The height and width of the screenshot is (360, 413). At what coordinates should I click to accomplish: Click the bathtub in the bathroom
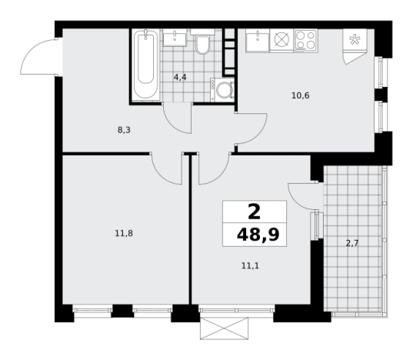(x=145, y=65)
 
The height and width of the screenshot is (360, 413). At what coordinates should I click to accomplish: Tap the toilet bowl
(x=202, y=42)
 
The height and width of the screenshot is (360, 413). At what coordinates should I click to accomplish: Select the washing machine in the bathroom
(x=222, y=90)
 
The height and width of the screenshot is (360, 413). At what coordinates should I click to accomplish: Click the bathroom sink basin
(x=175, y=38)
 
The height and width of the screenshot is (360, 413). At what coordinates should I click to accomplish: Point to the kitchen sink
(x=258, y=40)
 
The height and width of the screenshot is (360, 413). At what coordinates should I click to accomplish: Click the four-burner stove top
(x=305, y=40)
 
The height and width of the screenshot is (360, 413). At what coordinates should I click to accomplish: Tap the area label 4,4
(x=180, y=78)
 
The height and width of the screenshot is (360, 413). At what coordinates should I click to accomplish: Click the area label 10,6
(x=301, y=95)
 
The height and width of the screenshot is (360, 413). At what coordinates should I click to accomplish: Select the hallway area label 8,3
(x=124, y=130)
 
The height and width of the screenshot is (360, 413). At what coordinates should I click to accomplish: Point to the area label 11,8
(x=124, y=233)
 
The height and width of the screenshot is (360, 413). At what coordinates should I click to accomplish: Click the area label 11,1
(x=250, y=266)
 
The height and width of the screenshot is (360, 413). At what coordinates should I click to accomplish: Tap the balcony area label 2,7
(x=352, y=243)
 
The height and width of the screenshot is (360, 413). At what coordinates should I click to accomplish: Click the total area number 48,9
(x=258, y=235)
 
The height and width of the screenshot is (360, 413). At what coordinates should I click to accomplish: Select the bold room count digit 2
(x=254, y=212)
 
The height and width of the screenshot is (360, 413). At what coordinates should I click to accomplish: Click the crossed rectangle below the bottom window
(x=224, y=328)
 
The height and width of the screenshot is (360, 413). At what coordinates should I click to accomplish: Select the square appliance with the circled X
(x=281, y=40)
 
